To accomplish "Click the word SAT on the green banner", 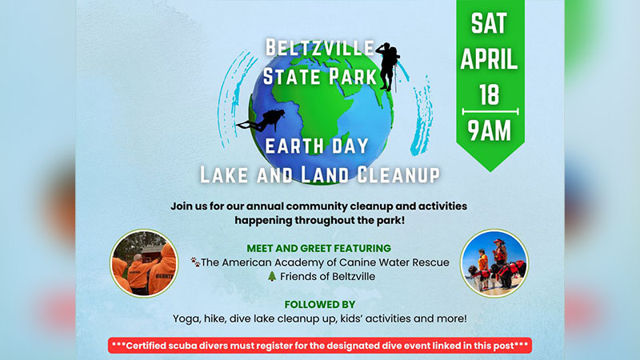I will tap(490, 22).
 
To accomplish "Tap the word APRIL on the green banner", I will tap(490, 58).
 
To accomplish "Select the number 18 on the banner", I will tap(490, 94).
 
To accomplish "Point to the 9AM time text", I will tap(490, 130).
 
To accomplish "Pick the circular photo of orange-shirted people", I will tap(144, 263).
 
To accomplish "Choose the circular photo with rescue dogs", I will tap(494, 263).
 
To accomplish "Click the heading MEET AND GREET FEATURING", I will tap(319, 248).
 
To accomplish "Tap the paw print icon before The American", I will tap(194, 262).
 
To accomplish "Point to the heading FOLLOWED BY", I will tap(319, 304).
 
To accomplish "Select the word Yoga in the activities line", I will tap(186, 318).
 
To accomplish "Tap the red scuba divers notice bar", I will tap(319, 346).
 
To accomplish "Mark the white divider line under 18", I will tap(490, 111).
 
